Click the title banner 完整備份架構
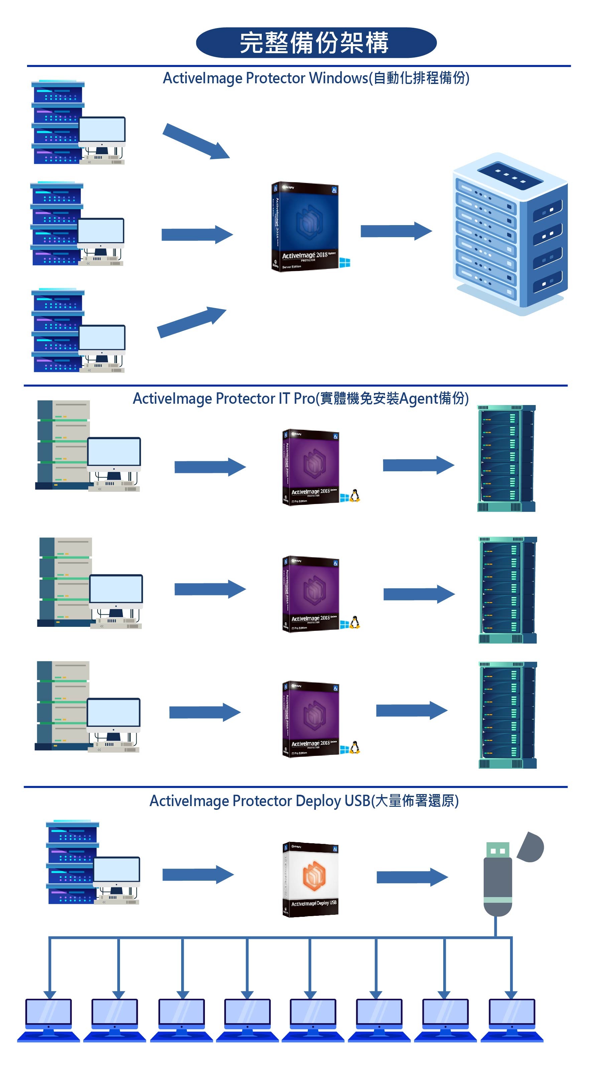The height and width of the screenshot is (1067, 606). [x=316, y=42]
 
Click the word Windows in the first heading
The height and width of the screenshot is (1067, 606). [x=338, y=78]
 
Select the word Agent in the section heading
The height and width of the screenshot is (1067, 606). [x=418, y=399]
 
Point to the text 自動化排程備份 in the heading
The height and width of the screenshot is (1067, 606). [x=419, y=78]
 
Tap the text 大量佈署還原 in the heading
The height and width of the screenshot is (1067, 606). [x=415, y=801]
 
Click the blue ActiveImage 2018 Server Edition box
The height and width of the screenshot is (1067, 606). [x=305, y=227]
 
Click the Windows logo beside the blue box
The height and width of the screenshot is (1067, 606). [x=345, y=262]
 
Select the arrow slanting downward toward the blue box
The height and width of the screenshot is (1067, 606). [x=196, y=141]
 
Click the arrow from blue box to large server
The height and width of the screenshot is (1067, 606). [x=396, y=231]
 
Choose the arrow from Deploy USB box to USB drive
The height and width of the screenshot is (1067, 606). [x=412, y=877]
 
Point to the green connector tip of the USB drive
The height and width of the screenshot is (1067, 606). [x=497, y=850]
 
